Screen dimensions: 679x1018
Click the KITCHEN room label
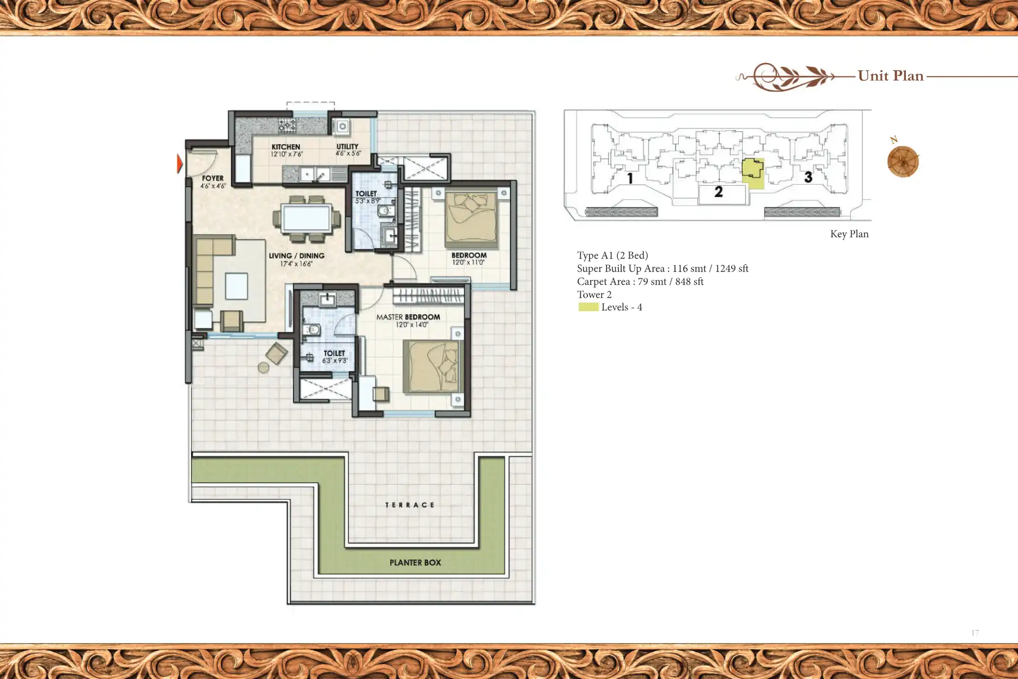click(286, 147)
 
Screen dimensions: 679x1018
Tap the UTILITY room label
click(347, 146)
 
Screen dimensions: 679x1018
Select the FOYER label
click(212, 178)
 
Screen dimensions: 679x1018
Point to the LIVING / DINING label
click(297, 256)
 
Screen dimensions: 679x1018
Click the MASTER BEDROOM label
click(408, 317)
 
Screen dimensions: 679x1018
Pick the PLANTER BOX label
click(415, 562)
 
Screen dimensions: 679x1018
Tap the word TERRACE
click(409, 505)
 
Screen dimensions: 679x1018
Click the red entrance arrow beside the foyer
click(180, 163)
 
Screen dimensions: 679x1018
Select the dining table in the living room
click(307, 218)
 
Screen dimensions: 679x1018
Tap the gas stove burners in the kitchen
click(287, 126)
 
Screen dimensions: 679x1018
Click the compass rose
click(903, 161)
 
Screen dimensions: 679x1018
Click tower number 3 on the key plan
click(808, 177)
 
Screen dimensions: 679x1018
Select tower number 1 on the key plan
click(630, 178)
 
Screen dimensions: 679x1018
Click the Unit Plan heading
click(891, 76)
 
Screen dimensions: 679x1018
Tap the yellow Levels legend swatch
click(588, 307)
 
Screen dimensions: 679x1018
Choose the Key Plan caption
click(849, 234)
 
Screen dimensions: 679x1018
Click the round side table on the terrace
click(263, 368)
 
